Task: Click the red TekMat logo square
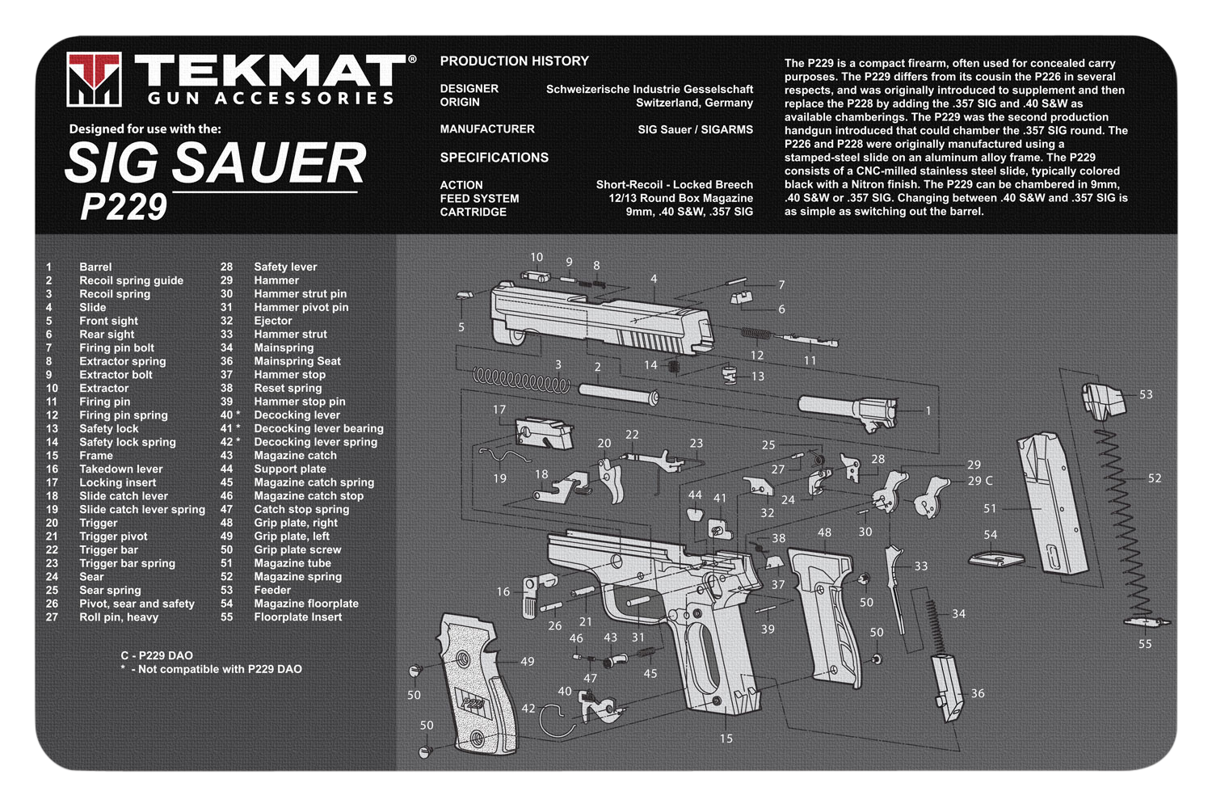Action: [94, 79]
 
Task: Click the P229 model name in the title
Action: [124, 207]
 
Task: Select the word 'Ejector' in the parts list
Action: [273, 321]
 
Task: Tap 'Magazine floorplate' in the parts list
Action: [306, 604]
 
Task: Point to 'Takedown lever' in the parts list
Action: [120, 469]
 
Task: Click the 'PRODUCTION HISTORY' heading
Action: [514, 61]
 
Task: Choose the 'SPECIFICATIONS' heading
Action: [494, 158]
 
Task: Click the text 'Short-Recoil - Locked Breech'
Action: [674, 184]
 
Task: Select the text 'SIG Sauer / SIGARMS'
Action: [695, 129]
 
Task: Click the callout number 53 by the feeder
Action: [1146, 394]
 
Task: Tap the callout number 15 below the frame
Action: [726, 739]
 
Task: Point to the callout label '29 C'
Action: [980, 481]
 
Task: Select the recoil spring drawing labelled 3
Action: [522, 381]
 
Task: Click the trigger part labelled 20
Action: [612, 479]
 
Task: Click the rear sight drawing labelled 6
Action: [740, 297]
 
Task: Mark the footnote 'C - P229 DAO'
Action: [157, 655]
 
